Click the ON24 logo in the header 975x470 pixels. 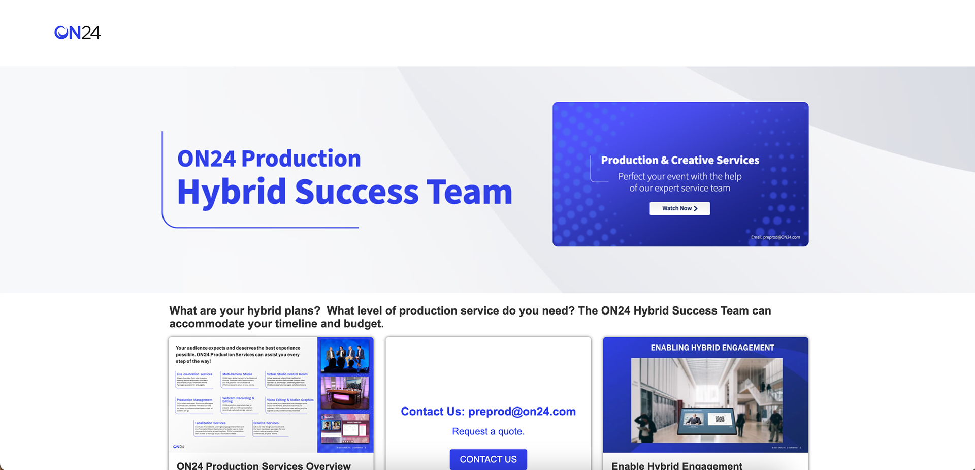tap(77, 33)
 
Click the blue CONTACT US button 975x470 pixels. tap(488, 459)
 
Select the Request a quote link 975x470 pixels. tap(488, 431)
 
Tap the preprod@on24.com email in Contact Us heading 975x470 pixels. tap(522, 412)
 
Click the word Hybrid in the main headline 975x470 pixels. tap(232, 193)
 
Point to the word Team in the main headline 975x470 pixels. tap(469, 193)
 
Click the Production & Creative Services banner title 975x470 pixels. tap(680, 160)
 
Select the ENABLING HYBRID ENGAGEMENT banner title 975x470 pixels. tap(712, 348)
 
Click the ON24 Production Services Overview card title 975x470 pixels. tap(264, 465)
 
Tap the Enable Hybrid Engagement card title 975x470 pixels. tap(676, 465)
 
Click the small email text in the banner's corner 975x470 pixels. tap(775, 237)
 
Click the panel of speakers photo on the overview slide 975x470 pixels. tap(345, 356)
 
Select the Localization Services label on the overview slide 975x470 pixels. tap(210, 423)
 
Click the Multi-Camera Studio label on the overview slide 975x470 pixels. tap(237, 374)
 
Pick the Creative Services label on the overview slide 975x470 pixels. tap(266, 423)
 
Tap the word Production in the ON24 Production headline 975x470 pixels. tap(301, 159)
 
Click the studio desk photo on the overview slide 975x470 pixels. tap(345, 393)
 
